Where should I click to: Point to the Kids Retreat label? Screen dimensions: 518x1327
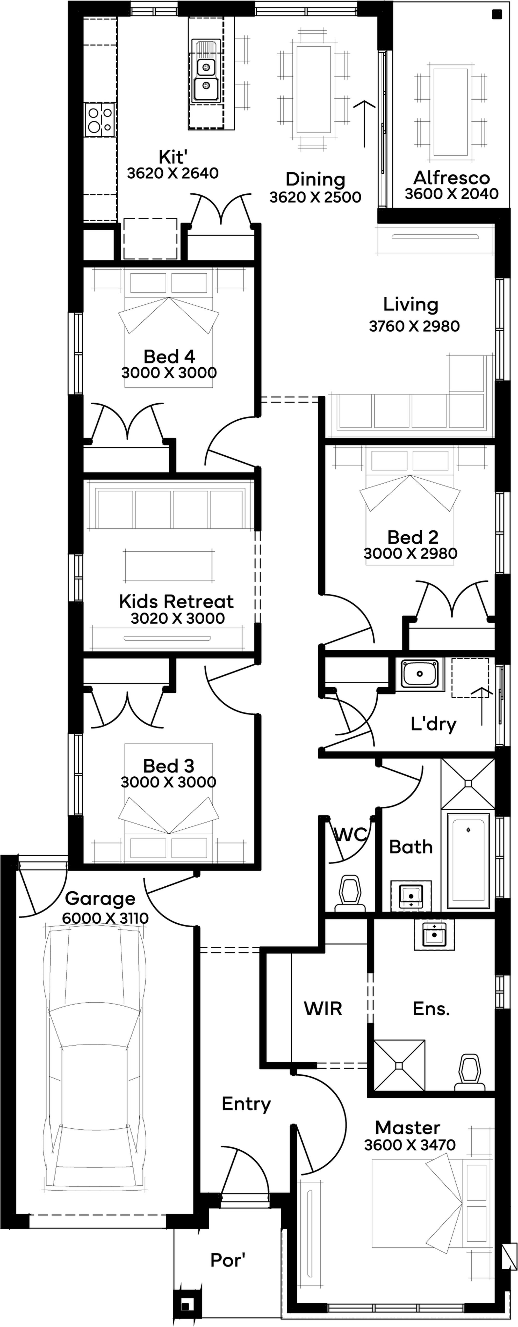[176, 601]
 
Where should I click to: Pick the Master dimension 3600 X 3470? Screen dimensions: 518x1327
[410, 1145]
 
